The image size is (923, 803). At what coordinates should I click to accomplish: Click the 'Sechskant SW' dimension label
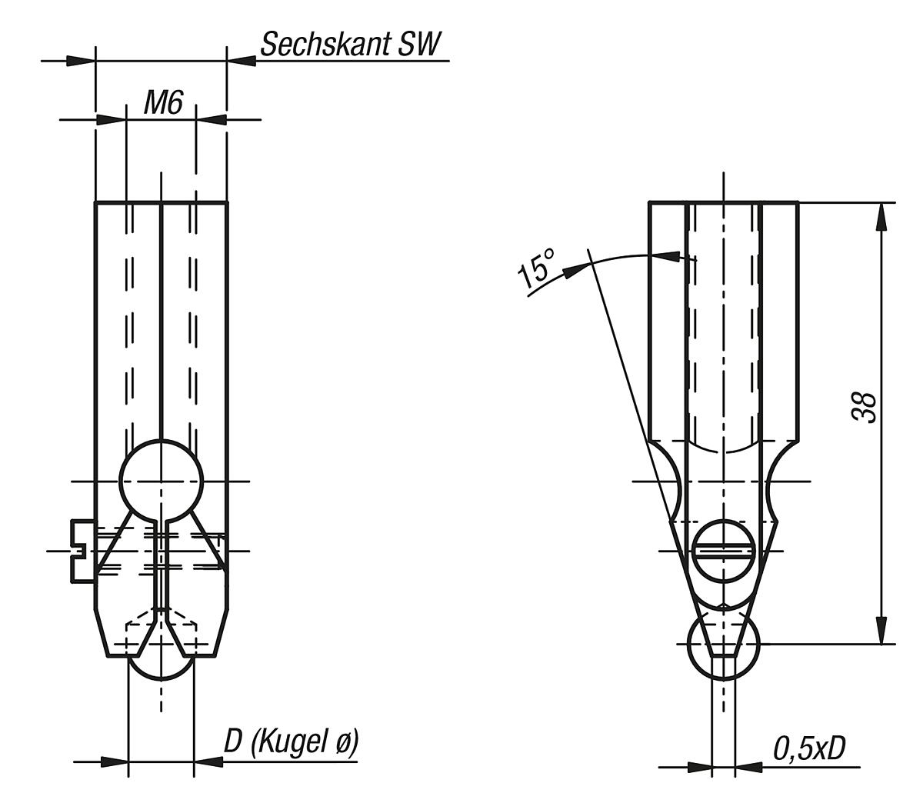point(352,45)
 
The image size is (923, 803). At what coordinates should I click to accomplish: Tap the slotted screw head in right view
point(723,551)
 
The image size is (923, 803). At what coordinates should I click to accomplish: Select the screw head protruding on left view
point(82,551)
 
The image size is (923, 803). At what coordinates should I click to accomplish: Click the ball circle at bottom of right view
point(723,641)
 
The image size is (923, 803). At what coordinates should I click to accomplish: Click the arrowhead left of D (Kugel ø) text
point(208,761)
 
